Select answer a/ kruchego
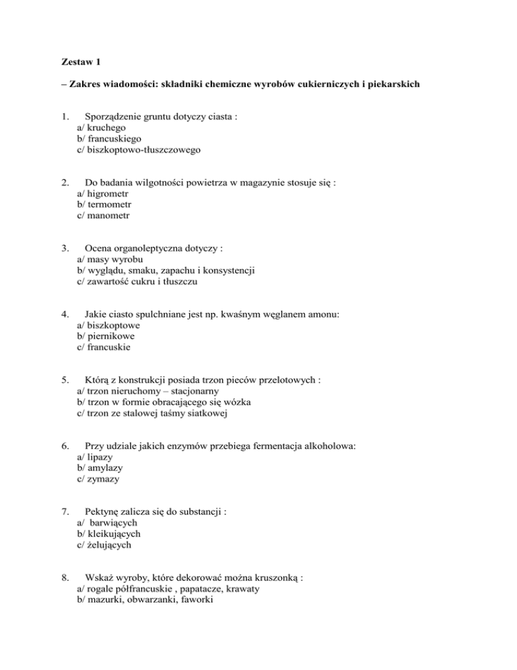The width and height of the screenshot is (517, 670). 100,126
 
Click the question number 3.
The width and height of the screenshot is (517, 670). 63,247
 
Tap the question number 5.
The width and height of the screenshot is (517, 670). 63,379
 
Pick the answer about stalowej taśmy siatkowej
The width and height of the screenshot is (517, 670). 152,415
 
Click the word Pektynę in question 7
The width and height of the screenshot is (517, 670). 100,511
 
